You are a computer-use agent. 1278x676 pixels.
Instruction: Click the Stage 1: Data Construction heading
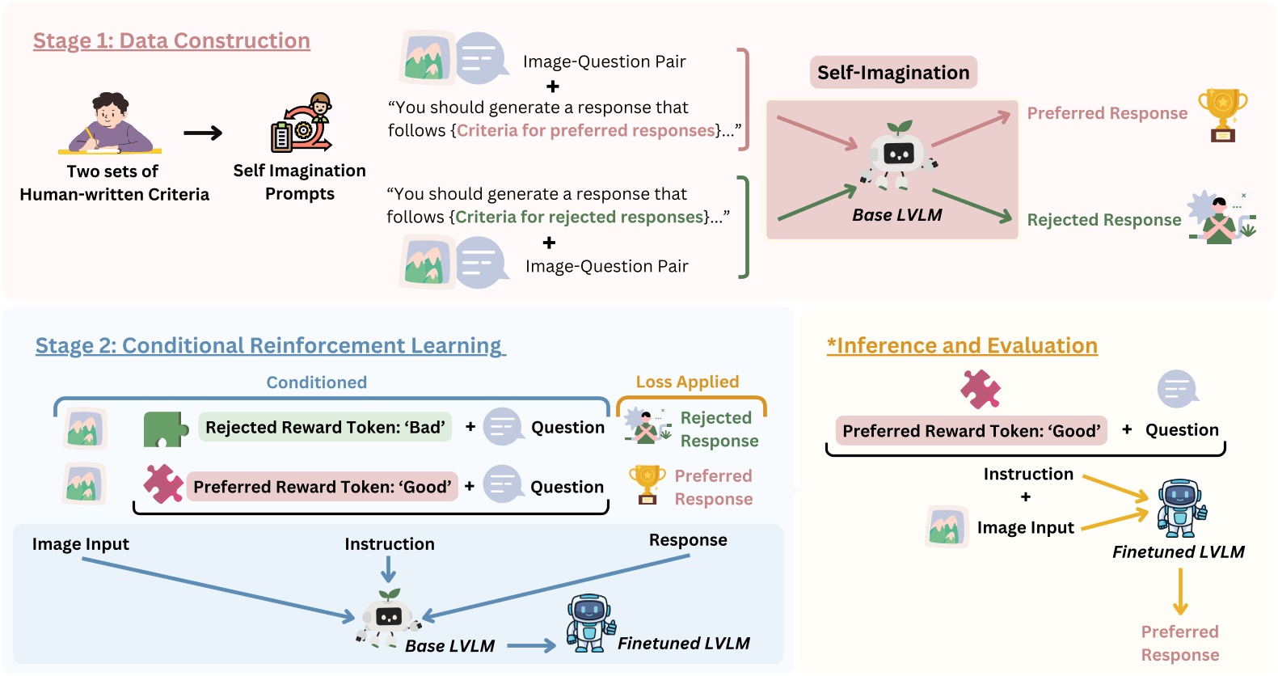(171, 41)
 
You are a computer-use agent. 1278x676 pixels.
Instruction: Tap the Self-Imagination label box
(893, 73)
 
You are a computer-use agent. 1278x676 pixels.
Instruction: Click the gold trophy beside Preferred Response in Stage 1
(1222, 114)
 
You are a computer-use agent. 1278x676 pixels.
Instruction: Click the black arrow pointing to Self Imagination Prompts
(203, 133)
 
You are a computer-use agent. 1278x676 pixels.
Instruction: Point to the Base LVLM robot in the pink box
(897, 156)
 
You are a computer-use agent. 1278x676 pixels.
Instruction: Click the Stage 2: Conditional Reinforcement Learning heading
(270, 346)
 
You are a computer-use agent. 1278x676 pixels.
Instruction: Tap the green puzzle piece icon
(164, 429)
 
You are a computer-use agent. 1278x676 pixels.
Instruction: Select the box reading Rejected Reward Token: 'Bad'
(325, 427)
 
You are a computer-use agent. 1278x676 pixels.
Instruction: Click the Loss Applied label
(687, 382)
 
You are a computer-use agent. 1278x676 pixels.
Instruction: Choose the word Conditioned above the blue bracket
(316, 382)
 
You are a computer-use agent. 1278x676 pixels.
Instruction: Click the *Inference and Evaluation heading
(962, 346)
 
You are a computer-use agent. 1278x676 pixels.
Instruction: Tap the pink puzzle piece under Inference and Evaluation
(980, 389)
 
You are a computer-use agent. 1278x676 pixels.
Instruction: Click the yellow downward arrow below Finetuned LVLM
(1180, 591)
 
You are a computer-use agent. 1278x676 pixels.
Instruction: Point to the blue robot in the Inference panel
(1181, 509)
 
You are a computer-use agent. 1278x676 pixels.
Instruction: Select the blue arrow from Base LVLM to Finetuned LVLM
(531, 645)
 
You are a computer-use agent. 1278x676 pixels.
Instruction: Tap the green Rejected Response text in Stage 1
(1103, 220)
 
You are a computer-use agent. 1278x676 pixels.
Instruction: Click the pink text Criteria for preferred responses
(586, 131)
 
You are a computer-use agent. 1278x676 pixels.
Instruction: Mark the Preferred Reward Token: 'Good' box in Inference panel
(971, 431)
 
